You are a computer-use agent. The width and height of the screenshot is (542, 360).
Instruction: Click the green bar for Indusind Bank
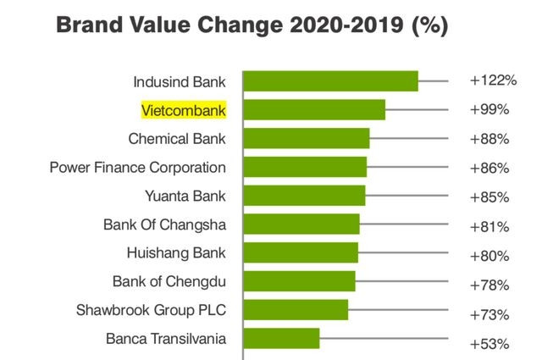click(x=331, y=81)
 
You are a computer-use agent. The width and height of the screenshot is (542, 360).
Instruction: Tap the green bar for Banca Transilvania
click(x=282, y=339)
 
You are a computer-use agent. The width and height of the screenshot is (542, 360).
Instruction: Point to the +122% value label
click(x=492, y=81)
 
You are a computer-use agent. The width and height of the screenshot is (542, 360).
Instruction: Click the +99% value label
click(x=489, y=110)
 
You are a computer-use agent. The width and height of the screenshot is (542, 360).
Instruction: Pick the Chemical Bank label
click(x=177, y=138)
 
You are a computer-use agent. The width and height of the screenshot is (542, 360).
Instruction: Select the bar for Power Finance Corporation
click(x=305, y=167)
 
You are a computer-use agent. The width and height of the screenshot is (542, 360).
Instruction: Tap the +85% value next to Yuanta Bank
click(x=489, y=197)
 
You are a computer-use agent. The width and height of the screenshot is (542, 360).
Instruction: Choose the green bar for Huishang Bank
click(x=301, y=253)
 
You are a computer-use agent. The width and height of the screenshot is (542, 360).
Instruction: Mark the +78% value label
click(x=489, y=284)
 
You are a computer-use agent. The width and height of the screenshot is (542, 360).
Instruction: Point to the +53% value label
click(x=489, y=344)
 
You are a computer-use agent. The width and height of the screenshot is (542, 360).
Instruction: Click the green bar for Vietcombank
click(x=314, y=110)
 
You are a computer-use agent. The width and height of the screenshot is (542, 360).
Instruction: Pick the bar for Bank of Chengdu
click(x=300, y=281)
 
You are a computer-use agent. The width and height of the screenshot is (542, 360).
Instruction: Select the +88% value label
click(x=489, y=139)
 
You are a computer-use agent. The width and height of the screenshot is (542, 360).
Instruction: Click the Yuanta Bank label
click(x=185, y=197)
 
